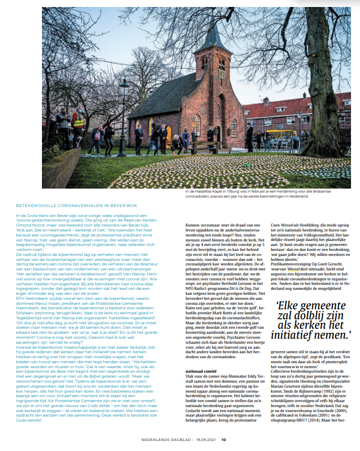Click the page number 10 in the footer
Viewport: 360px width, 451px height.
224,440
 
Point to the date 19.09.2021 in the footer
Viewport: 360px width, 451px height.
206,440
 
